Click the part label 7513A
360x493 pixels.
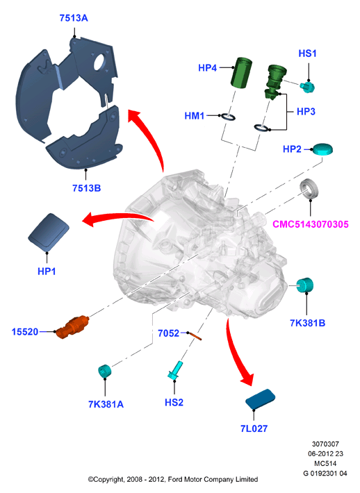[x=74, y=18]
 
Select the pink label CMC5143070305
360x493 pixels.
[x=310, y=224]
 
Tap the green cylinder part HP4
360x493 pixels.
[x=241, y=72]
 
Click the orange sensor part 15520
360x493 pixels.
[x=73, y=327]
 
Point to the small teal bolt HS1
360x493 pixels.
[x=307, y=87]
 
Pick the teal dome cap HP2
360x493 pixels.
[x=322, y=149]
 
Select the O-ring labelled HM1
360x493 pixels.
[x=228, y=117]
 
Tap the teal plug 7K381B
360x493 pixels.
[x=305, y=285]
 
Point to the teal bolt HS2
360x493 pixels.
[x=175, y=370]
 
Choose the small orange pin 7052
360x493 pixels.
[x=195, y=336]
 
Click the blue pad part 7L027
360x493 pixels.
[x=260, y=399]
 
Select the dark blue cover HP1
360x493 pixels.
[x=49, y=233]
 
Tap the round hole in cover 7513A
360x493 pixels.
[x=100, y=62]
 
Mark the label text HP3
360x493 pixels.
[x=306, y=112]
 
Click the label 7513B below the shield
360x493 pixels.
[x=87, y=188]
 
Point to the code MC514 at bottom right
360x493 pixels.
[x=325, y=463]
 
